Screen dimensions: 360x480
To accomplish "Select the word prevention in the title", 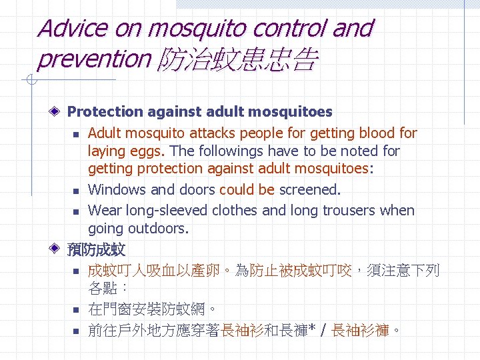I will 94,59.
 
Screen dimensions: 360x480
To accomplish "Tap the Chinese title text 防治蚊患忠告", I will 237,60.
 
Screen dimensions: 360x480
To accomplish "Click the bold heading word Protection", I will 105,112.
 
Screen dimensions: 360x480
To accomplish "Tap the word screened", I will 309,189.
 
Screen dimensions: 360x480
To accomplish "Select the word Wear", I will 103,211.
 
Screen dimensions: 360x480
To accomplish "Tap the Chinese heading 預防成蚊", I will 96,250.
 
